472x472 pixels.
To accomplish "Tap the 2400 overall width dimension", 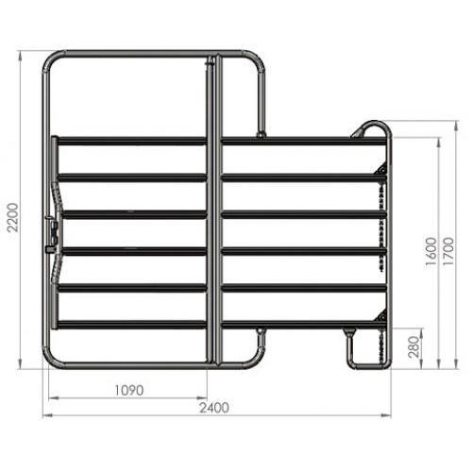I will tap(217, 408).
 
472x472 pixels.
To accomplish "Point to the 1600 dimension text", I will tap(430, 251).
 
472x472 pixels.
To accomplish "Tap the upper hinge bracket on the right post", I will tap(381, 169).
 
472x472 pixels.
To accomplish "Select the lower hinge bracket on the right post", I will tap(381, 314).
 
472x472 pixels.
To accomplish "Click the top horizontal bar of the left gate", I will tap(130, 142).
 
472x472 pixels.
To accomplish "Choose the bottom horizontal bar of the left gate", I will tap(130, 325).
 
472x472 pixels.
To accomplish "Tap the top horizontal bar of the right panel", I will tap(302, 142).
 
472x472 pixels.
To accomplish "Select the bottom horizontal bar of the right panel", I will tap(302, 325).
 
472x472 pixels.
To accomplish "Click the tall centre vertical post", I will tap(214, 208).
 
